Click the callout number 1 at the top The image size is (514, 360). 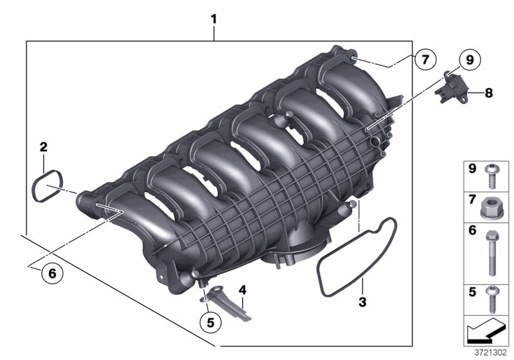(214, 19)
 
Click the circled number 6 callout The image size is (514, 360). (53, 273)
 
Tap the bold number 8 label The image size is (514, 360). (489, 93)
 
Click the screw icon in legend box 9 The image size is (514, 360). (493, 174)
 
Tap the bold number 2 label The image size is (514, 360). (43, 147)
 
